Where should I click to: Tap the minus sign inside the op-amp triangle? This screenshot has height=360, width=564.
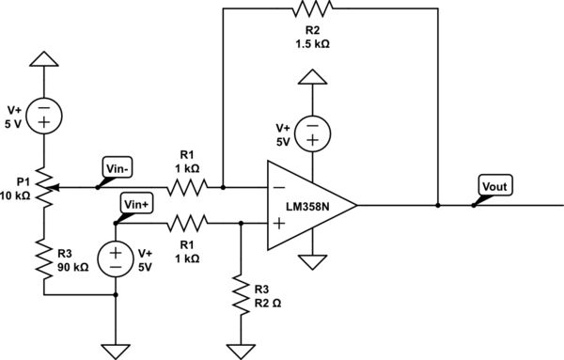279,187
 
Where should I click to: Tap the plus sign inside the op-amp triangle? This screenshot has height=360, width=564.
279,224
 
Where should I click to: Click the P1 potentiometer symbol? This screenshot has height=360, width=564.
43,187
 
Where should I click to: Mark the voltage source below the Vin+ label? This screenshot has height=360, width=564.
116,258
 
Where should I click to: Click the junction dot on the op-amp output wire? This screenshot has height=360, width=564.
438,204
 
